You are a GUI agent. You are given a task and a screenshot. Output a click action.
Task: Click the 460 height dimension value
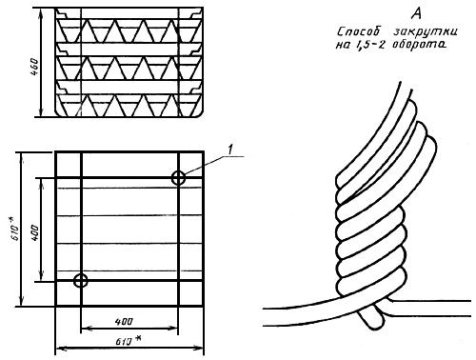pos(34,67)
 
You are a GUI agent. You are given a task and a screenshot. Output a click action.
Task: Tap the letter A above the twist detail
pos(417,13)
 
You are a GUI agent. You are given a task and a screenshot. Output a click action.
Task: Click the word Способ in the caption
pos(359,32)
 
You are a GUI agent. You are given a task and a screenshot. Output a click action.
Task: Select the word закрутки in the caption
pos(425,32)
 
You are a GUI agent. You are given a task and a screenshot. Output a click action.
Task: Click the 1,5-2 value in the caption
pos(370,45)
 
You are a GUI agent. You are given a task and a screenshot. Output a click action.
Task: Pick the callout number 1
pos(230,150)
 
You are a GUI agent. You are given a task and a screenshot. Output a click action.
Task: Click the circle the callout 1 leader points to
pos(178,178)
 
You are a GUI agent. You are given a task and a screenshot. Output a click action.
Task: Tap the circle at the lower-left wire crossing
pos(81,281)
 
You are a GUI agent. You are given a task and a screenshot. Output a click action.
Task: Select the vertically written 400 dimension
pos(34,232)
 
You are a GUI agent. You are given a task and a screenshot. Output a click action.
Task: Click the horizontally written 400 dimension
pos(124,322)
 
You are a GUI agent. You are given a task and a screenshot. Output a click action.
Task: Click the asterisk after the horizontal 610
pos(137,339)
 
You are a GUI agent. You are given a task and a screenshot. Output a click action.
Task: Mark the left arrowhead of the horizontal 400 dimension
pos(87,329)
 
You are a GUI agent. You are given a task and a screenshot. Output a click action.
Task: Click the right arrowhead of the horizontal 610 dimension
pos(198,349)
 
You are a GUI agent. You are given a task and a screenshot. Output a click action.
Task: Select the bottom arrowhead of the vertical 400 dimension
pos(41,275)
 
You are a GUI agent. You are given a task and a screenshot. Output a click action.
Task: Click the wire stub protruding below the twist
pos(370,316)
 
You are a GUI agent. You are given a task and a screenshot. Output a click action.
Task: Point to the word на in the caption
pos(343,45)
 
